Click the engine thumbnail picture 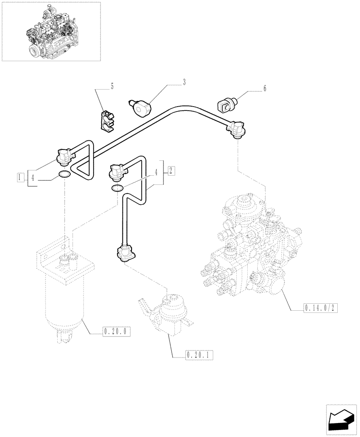click(51, 31)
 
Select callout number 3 click(184, 82)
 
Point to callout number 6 click(264, 89)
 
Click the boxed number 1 click(20, 177)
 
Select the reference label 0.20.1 click(199, 355)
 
